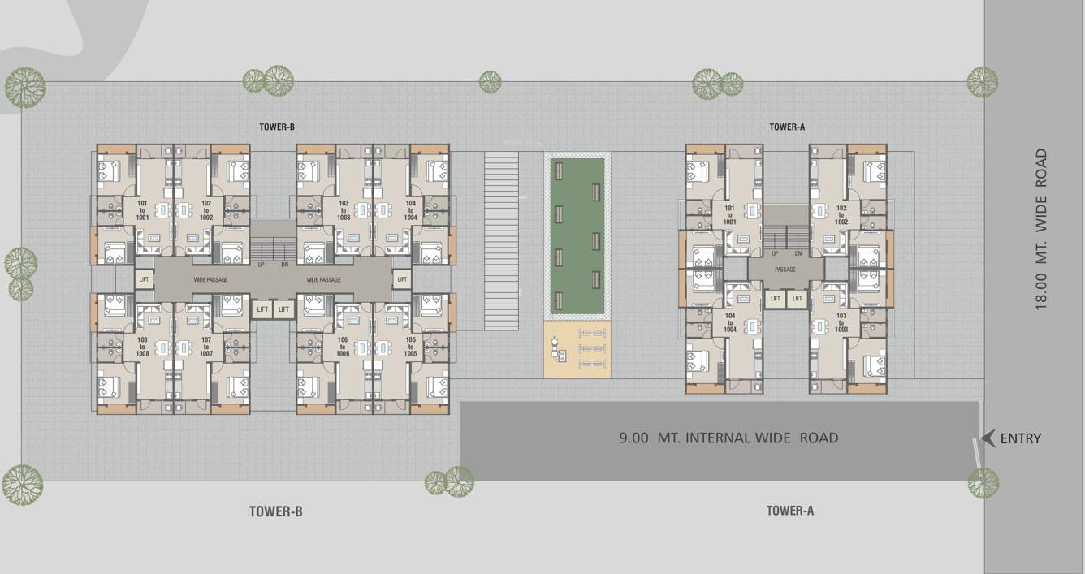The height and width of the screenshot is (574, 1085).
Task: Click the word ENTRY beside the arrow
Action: [x=1020, y=438]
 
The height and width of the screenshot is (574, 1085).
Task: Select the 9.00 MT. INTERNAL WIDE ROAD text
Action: [x=728, y=438]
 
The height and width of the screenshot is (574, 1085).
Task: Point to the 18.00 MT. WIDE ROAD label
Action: [x=1041, y=228]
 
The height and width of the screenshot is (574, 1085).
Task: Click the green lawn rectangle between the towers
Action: [x=577, y=235]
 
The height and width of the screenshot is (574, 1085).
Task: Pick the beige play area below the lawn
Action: [x=577, y=349]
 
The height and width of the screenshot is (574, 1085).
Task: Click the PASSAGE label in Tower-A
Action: [x=785, y=270]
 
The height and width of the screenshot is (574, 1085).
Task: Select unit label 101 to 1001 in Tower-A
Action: [x=729, y=215]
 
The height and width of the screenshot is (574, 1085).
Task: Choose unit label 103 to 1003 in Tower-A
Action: [x=841, y=323]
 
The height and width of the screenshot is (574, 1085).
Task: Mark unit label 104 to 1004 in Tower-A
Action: [x=729, y=323]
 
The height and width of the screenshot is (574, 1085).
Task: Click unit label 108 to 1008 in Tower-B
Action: [x=142, y=347]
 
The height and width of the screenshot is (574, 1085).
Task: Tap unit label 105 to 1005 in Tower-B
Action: [x=410, y=347]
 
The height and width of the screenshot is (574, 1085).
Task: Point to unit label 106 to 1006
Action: [x=343, y=347]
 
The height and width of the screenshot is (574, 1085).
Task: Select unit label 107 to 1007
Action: [x=206, y=347]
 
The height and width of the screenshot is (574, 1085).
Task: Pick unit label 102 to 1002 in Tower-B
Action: [x=206, y=211]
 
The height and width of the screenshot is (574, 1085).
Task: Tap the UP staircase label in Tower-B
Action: [x=261, y=265]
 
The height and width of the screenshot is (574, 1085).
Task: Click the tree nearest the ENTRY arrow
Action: [x=983, y=482]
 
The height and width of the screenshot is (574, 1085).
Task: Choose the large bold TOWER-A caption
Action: [x=789, y=511]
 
